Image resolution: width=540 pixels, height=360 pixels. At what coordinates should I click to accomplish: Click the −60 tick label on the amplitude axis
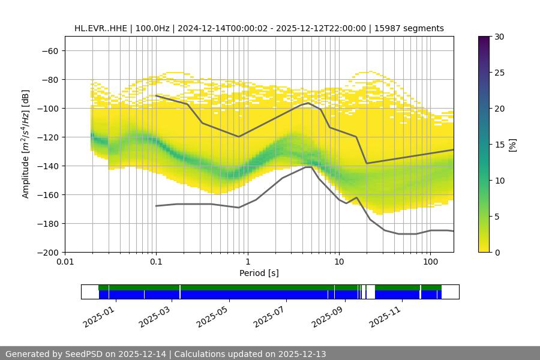click(x=50, y=50)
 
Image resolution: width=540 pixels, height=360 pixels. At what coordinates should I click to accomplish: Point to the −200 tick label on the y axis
click(x=47, y=252)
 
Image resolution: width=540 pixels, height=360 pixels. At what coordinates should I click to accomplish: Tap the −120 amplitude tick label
click(x=47, y=137)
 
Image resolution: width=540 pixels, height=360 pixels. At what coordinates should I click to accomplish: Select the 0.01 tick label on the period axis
click(x=65, y=262)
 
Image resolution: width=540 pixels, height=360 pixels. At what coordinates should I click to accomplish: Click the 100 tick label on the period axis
click(x=430, y=262)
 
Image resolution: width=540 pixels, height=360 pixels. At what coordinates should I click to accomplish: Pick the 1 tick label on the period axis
click(x=247, y=262)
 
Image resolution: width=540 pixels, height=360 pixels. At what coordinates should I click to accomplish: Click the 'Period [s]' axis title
click(x=259, y=273)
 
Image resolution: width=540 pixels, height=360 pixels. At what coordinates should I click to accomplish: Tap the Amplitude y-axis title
click(x=25, y=144)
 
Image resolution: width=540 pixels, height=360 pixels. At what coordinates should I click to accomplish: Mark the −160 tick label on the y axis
click(x=47, y=194)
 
